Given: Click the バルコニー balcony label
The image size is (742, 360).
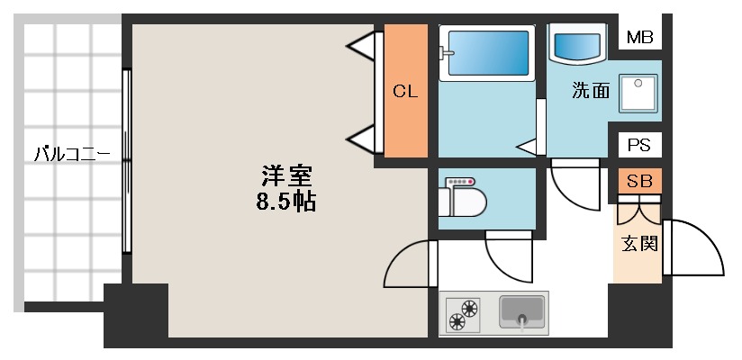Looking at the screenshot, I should tap(72, 154).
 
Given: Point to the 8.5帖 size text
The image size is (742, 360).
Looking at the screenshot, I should tap(285, 201).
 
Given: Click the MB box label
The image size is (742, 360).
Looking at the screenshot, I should tap(639, 37).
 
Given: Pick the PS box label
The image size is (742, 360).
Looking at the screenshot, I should tap(639, 145).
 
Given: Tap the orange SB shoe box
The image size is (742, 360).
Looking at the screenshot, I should tap(639, 181).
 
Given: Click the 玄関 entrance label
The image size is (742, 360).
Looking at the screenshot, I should tap(639, 243).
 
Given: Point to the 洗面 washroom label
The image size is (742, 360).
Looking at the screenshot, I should tap(591, 90).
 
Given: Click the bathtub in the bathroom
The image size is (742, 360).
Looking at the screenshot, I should tap(485, 54).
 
